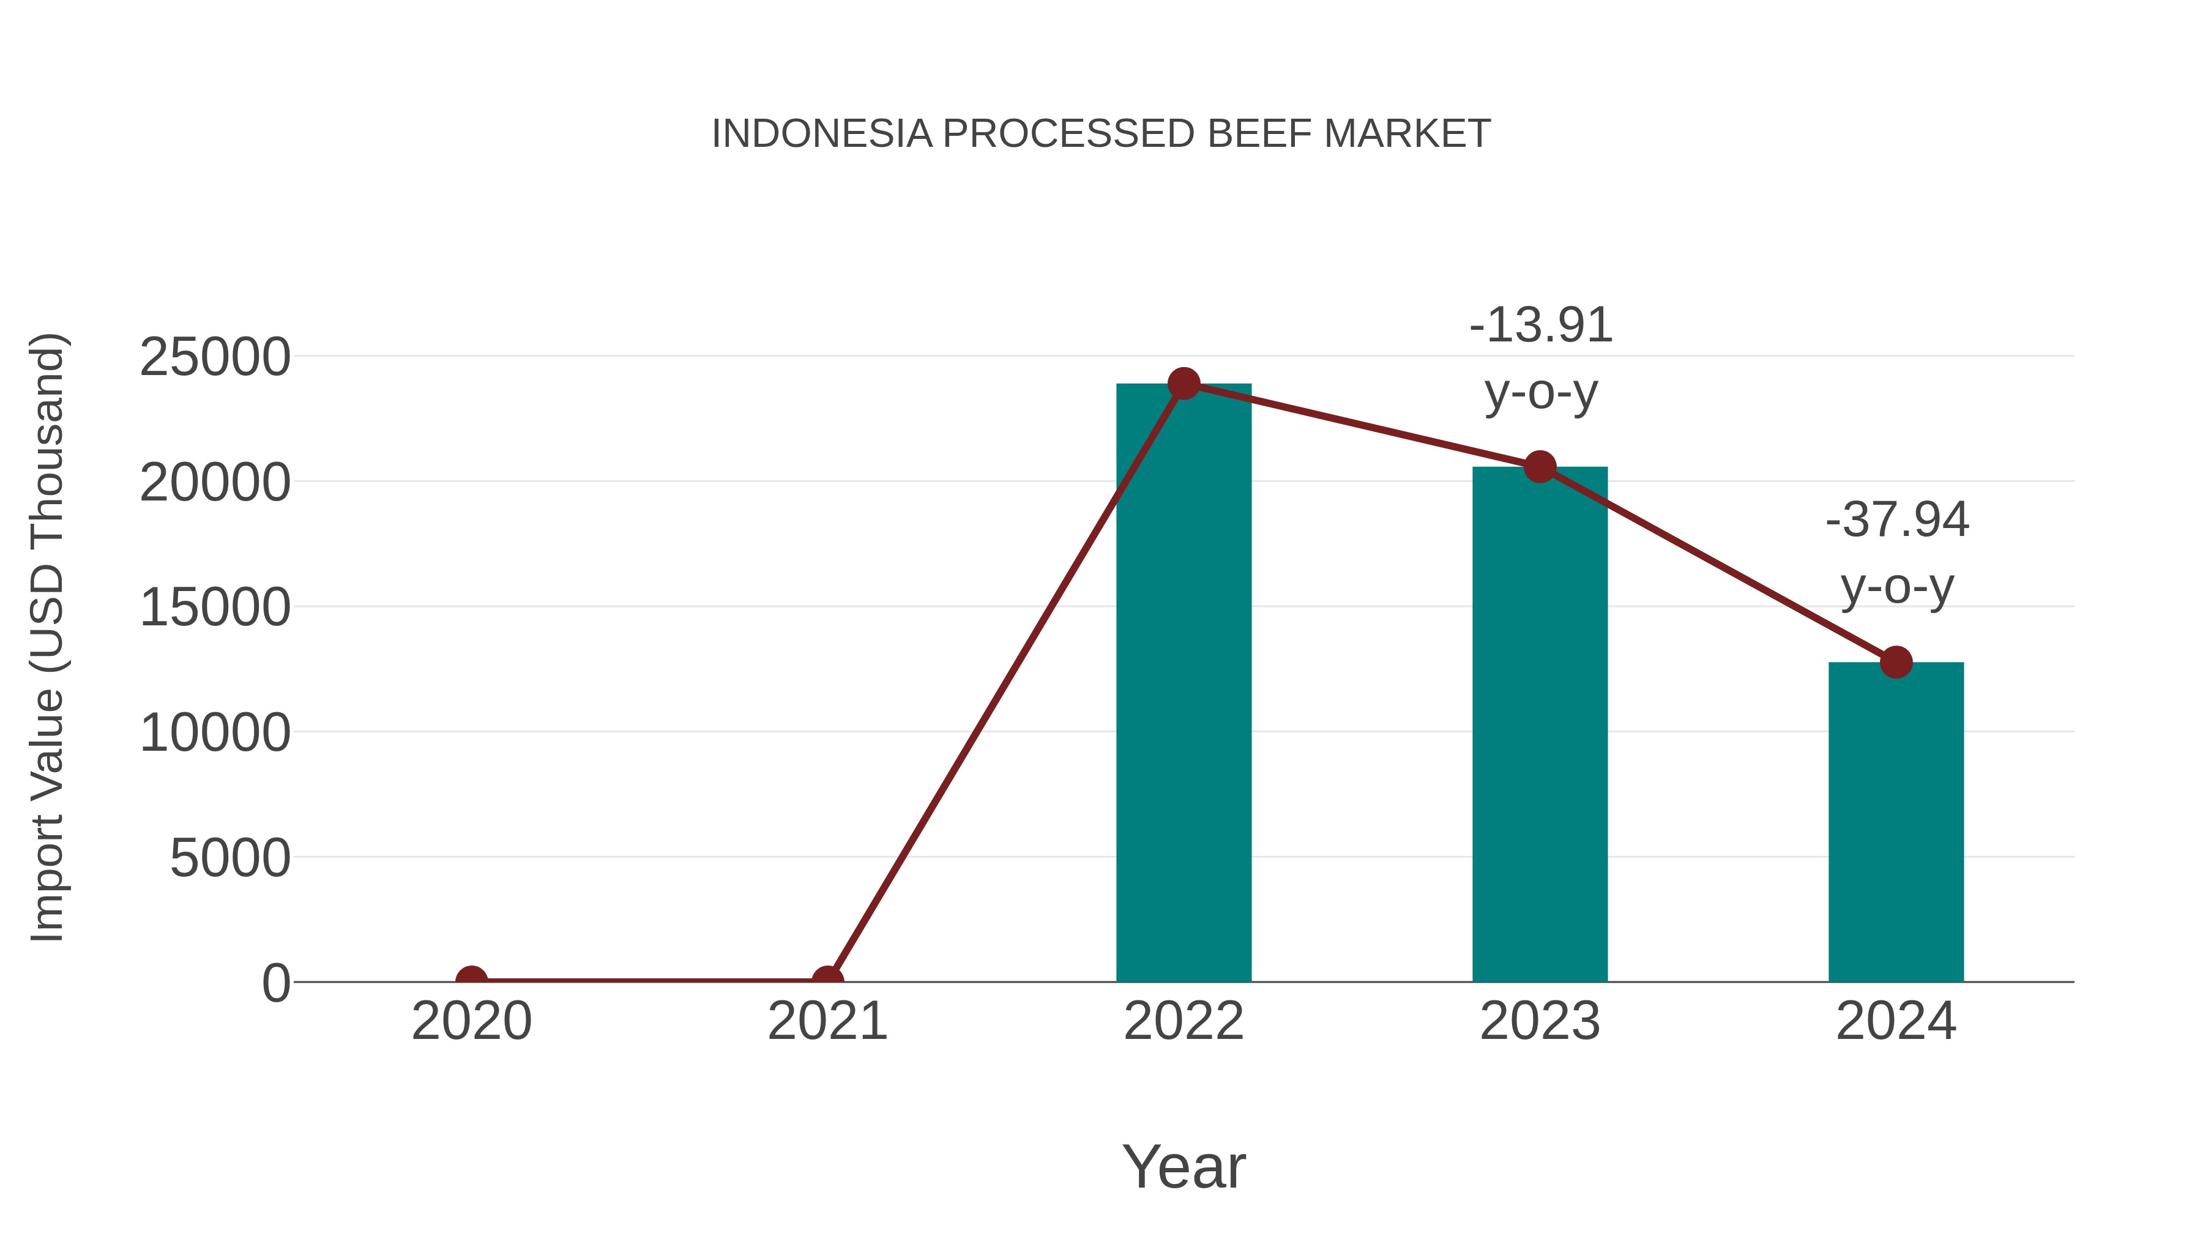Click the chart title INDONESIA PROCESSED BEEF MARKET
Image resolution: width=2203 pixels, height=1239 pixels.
pyautogui.click(x=1101, y=134)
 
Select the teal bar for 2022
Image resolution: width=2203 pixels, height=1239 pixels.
pyautogui.click(x=1184, y=684)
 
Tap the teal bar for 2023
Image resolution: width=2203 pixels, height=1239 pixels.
pyautogui.click(x=1540, y=727)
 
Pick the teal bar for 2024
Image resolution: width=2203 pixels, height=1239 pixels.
pyautogui.click(x=1896, y=821)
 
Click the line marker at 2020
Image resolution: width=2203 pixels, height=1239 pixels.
pyautogui.click(x=471, y=980)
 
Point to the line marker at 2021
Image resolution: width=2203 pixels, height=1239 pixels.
pyautogui.click(x=827, y=980)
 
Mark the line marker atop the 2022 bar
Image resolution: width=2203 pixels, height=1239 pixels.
pyautogui.click(x=1184, y=384)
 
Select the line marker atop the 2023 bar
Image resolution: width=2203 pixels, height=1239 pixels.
pyautogui.click(x=1540, y=467)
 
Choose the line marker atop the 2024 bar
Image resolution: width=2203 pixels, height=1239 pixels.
pyautogui.click(x=1896, y=662)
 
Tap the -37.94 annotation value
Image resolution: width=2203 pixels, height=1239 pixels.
pyautogui.click(x=1897, y=520)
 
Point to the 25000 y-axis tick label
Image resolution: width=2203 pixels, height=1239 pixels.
pyautogui.click(x=215, y=357)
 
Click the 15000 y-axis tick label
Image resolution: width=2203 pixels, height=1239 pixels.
pyautogui.click(x=215, y=608)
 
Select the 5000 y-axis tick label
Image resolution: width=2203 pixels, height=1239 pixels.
pyautogui.click(x=230, y=858)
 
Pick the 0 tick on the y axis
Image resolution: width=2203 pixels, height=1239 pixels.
pyautogui.click(x=276, y=983)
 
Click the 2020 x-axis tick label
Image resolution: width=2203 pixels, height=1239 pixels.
pyautogui.click(x=471, y=1021)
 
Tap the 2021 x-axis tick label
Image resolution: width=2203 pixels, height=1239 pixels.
pyautogui.click(x=827, y=1021)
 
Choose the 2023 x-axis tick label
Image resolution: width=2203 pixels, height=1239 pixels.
pyautogui.click(x=1540, y=1021)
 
